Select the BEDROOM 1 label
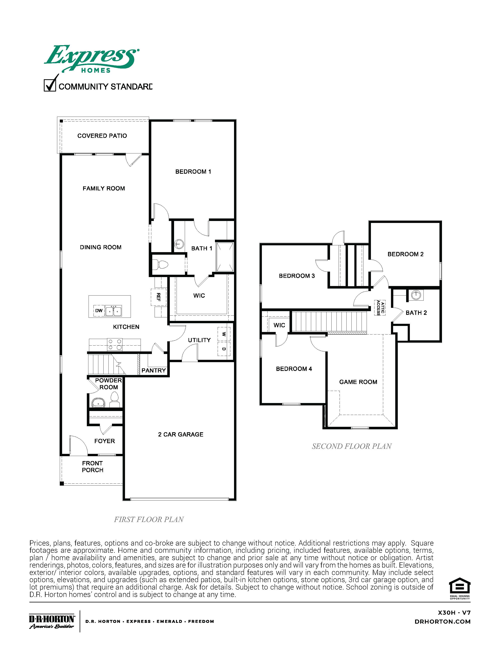193,172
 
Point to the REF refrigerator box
158,297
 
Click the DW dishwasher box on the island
99,311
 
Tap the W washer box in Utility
224,334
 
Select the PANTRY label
153,370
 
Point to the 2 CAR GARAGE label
181,434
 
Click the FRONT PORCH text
92,467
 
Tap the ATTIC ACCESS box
381,307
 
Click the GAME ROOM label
358,382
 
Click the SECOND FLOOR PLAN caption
352,446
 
